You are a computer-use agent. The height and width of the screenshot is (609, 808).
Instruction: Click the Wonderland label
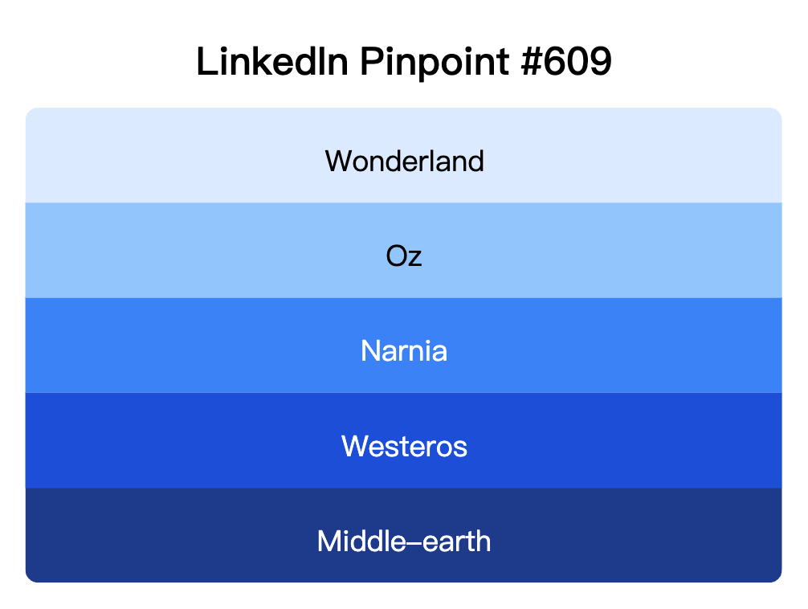point(404,161)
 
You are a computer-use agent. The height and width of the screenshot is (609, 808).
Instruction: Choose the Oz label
point(404,256)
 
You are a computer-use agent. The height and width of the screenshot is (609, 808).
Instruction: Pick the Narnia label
point(404,351)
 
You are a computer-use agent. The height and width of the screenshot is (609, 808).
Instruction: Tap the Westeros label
point(404,446)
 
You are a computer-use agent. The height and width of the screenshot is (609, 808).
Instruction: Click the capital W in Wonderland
point(338,161)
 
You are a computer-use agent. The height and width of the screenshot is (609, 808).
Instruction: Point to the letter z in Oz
point(415,258)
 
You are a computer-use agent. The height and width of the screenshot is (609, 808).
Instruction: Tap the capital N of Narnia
point(369,351)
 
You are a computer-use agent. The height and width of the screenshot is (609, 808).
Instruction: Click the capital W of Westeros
point(355,446)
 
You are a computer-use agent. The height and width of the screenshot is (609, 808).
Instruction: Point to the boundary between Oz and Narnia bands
point(404,297)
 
